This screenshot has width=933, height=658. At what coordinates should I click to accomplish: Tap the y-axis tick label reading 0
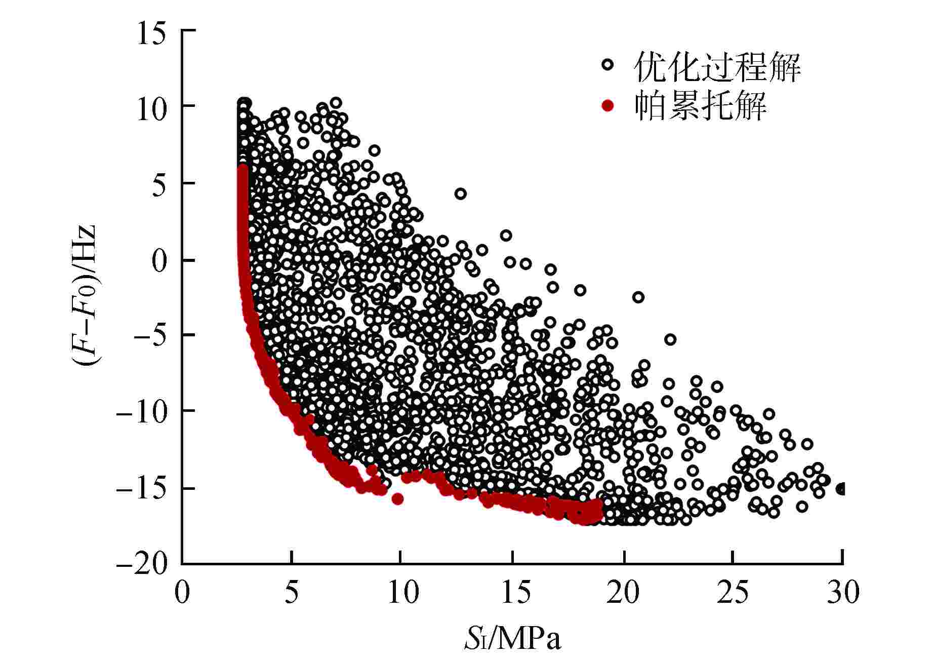coord(159,261)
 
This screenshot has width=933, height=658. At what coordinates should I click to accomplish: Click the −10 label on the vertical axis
coord(142,411)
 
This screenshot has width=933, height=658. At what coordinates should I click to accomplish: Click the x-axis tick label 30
coord(843,592)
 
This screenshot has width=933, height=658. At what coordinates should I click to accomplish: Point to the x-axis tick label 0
coord(182,592)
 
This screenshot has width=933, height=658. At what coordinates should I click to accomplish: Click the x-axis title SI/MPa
coord(513,640)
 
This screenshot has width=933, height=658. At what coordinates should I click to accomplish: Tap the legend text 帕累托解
coord(700,105)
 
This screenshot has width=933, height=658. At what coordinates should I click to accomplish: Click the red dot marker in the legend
coord(607,105)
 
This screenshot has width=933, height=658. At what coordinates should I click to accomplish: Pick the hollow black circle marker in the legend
coord(607,65)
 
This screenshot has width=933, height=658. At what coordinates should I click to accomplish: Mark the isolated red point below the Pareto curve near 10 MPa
coord(397,499)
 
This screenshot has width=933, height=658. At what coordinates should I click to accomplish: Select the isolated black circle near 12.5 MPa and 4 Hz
coord(460,193)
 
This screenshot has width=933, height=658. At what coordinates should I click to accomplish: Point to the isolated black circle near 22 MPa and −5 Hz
coord(670,339)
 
